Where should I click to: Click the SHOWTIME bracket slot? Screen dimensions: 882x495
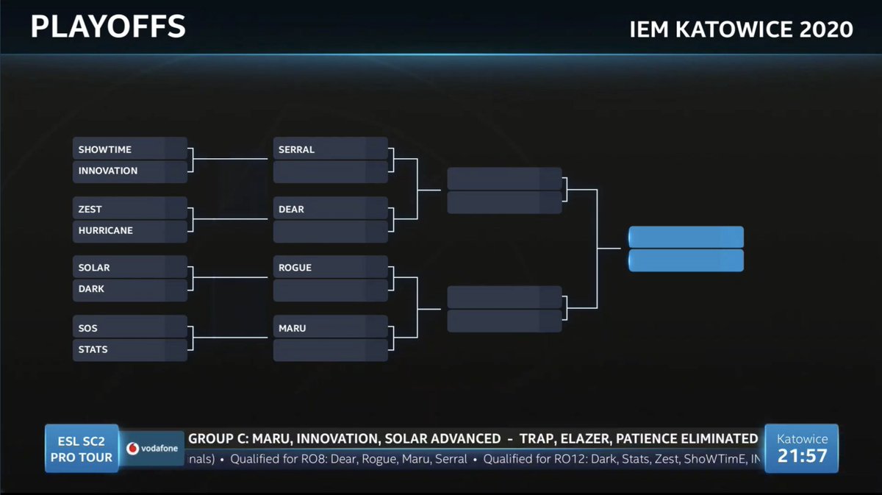[130, 149]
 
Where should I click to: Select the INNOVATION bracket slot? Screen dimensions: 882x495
[130, 171]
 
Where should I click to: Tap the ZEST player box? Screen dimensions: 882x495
[130, 210]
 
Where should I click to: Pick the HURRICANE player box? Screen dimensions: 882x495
[130, 230]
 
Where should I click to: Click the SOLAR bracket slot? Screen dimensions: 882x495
[130, 268]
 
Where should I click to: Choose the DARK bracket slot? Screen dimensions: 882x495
[130, 289]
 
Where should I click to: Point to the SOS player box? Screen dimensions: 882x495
[130, 328]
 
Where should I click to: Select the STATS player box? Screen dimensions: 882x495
[130, 349]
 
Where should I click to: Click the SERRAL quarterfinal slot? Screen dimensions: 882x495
[330, 149]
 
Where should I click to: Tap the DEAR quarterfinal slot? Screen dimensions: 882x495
[330, 210]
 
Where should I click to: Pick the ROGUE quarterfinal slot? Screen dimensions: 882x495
[330, 268]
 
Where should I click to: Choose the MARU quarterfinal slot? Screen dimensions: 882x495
[330, 328]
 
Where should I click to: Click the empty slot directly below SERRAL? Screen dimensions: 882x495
[330, 171]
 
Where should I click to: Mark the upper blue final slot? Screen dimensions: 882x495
[686, 237]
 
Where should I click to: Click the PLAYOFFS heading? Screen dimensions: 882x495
[107, 27]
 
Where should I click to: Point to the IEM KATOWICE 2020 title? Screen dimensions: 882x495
[741, 29]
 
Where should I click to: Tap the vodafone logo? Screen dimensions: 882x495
[152, 448]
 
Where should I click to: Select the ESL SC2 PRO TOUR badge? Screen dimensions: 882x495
[81, 449]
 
